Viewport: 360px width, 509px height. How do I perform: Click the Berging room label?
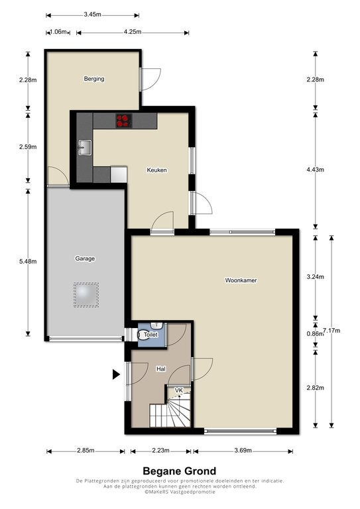click(x=93, y=79)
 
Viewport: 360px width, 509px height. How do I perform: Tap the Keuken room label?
click(x=156, y=170)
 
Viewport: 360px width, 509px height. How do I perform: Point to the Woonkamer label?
click(x=240, y=280)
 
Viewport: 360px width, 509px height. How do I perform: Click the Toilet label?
click(x=152, y=336)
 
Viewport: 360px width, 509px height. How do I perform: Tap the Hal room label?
click(x=160, y=368)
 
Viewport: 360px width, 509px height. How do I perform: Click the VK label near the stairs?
click(x=178, y=391)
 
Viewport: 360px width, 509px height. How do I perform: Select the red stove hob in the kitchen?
click(x=123, y=121)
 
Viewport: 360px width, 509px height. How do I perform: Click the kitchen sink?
click(x=85, y=146)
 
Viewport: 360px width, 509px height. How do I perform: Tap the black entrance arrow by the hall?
click(x=115, y=374)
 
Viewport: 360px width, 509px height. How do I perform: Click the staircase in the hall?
click(x=170, y=416)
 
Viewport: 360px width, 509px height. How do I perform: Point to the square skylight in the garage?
click(x=86, y=295)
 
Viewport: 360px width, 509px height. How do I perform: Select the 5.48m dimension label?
click(x=27, y=261)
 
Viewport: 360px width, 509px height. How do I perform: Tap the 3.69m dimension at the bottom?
click(x=243, y=451)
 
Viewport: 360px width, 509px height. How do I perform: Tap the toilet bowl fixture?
click(x=145, y=335)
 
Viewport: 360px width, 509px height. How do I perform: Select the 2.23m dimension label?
click(x=159, y=451)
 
